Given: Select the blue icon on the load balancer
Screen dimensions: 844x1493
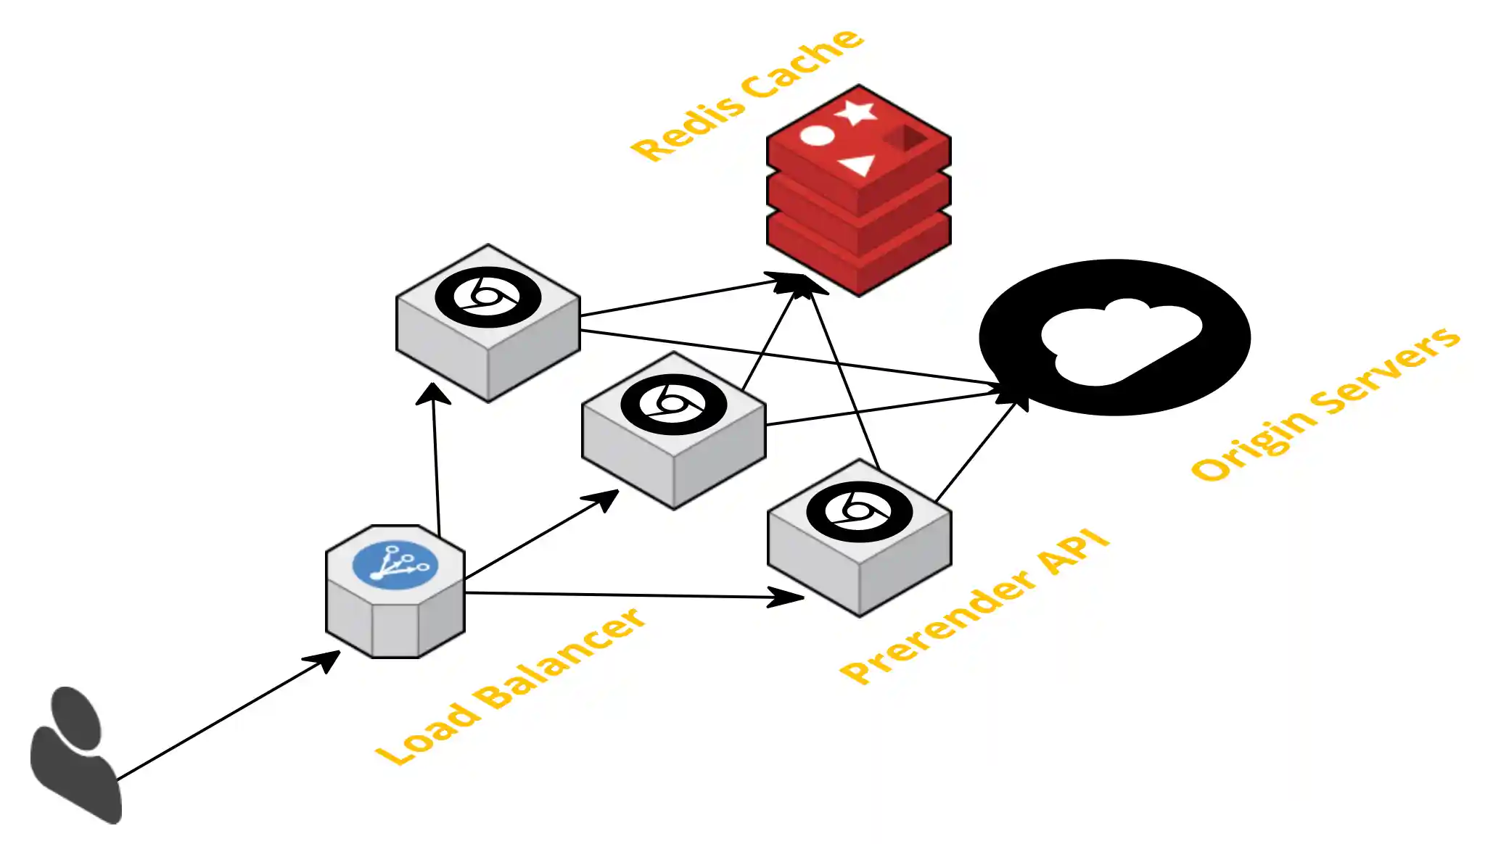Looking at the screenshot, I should click(x=395, y=565).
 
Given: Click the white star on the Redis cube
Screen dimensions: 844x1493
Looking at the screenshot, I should click(x=856, y=112).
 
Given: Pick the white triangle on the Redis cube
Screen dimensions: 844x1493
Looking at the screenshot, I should click(x=859, y=165).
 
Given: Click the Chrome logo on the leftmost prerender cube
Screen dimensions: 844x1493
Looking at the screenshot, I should click(x=488, y=297).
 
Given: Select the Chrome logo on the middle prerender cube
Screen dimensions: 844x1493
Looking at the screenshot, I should click(x=673, y=404).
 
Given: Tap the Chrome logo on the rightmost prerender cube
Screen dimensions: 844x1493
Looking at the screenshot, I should click(x=859, y=511).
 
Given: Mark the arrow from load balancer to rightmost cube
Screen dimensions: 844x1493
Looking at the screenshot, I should click(x=631, y=595).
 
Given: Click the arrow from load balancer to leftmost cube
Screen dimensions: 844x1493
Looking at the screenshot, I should click(x=437, y=464).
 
